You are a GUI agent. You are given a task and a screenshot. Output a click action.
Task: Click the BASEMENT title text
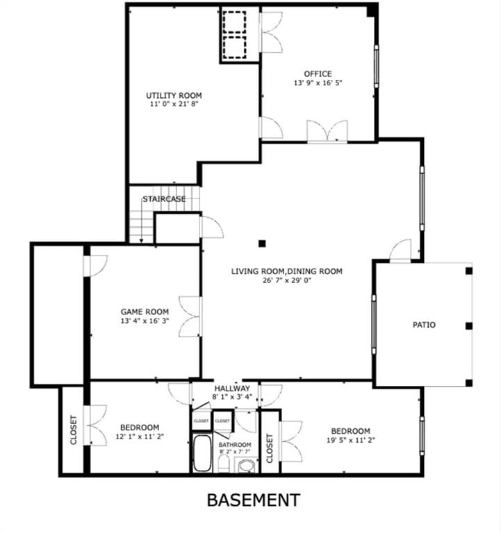254,500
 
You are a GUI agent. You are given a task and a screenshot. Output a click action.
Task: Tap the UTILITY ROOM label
174,96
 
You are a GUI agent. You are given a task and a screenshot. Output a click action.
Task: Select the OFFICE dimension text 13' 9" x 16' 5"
318,83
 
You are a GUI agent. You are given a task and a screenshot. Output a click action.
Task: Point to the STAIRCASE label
164,199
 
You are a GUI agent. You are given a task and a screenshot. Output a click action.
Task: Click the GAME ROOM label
145,312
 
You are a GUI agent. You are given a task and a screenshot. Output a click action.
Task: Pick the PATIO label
424,325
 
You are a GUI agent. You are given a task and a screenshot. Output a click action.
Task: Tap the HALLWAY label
232,388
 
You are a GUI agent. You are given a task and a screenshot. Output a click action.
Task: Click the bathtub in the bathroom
202,453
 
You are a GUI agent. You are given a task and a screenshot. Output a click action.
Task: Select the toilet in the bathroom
224,464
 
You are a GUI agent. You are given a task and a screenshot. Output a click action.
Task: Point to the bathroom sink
247,466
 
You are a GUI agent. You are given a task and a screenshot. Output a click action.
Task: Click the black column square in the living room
262,244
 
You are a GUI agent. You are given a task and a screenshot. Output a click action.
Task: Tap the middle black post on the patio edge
469,326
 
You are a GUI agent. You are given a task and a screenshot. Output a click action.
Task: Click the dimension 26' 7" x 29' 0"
287,280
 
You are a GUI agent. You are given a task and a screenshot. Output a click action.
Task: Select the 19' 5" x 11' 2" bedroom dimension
351,440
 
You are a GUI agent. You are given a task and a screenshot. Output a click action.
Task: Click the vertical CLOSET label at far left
74,430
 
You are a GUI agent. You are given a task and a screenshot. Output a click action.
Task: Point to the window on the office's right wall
377,67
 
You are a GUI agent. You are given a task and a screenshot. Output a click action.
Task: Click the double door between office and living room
327,131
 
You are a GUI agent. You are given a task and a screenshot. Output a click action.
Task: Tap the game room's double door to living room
190,316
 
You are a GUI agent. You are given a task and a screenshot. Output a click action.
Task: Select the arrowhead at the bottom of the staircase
141,241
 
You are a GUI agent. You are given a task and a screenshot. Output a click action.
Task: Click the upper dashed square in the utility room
234,22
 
